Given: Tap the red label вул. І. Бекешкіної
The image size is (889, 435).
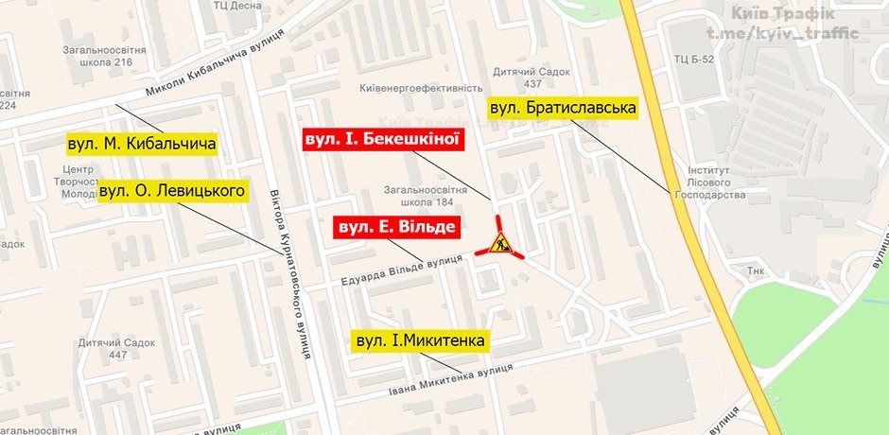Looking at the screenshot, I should (x=382, y=139).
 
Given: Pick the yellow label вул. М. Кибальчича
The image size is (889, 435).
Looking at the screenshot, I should (x=142, y=145).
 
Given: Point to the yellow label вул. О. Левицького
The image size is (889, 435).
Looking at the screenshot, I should (x=172, y=192).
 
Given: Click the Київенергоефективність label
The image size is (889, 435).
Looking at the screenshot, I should (x=422, y=88).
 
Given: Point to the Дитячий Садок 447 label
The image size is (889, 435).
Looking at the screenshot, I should (x=103, y=348).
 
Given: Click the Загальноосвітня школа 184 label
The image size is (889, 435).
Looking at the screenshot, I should (x=421, y=195).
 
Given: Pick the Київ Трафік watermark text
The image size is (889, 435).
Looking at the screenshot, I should (x=781, y=13).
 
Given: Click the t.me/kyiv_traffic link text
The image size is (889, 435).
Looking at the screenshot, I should (x=782, y=34).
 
